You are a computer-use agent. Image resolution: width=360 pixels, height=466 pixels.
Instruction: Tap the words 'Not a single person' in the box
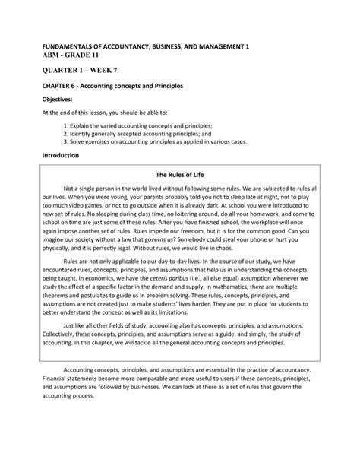95,189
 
